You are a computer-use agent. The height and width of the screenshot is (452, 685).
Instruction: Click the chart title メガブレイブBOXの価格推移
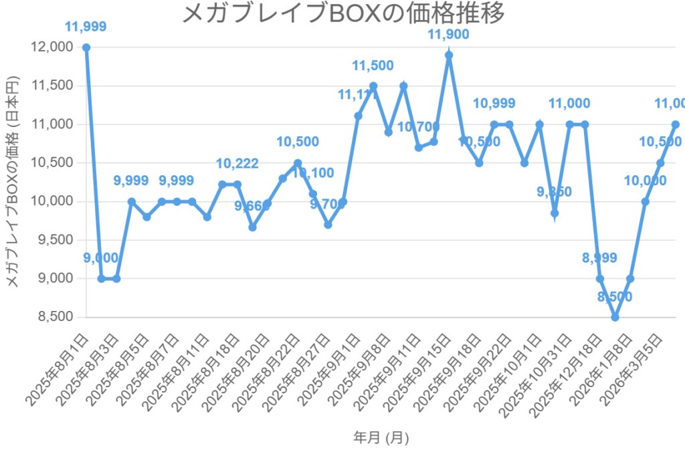point(342,13)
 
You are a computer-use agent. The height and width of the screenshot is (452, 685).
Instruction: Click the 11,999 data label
point(86,27)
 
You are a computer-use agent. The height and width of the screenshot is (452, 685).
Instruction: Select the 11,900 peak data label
point(449,35)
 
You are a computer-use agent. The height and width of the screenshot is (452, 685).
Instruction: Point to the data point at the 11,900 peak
point(449,55)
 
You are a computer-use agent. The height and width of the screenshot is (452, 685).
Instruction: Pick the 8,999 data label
point(600,259)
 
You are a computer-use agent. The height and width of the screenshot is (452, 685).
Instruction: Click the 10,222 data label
point(237,164)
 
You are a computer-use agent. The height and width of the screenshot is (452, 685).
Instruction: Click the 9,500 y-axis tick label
point(54,240)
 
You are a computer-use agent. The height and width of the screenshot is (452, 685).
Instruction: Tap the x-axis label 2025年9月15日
point(419,367)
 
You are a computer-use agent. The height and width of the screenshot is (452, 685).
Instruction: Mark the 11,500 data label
point(373,66)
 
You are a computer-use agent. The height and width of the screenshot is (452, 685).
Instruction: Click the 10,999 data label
point(494,104)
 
